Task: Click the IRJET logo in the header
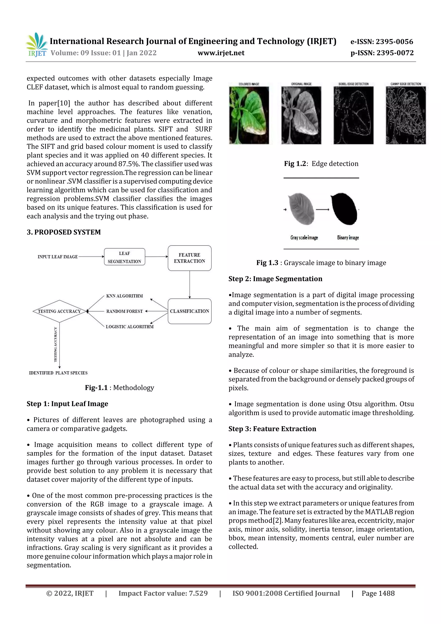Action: coord(36,45)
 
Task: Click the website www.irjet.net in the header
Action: coord(221,53)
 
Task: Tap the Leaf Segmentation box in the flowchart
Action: coord(124,257)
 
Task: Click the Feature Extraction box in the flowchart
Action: coord(189,258)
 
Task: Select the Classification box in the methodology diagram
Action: coord(189,311)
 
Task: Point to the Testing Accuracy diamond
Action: coord(59,311)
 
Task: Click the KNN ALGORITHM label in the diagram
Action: coord(124,296)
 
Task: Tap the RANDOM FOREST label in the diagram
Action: coord(124,311)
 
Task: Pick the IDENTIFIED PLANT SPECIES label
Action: coord(58,373)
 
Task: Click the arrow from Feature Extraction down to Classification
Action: coord(190,285)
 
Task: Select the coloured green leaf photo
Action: coord(249,115)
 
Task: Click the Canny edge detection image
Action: coord(406,115)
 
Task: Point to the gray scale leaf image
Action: coord(301,209)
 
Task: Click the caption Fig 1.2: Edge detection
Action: coord(321,164)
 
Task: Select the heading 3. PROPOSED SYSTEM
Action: coord(64,232)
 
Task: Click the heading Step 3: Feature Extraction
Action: coord(272,429)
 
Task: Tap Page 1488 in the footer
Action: coord(378,593)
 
